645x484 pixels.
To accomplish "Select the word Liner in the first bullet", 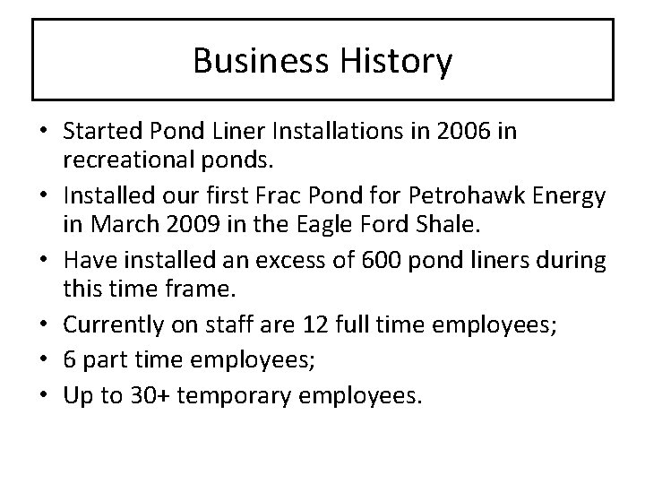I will tap(240, 133).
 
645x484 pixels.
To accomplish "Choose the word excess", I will tap(308, 260).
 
